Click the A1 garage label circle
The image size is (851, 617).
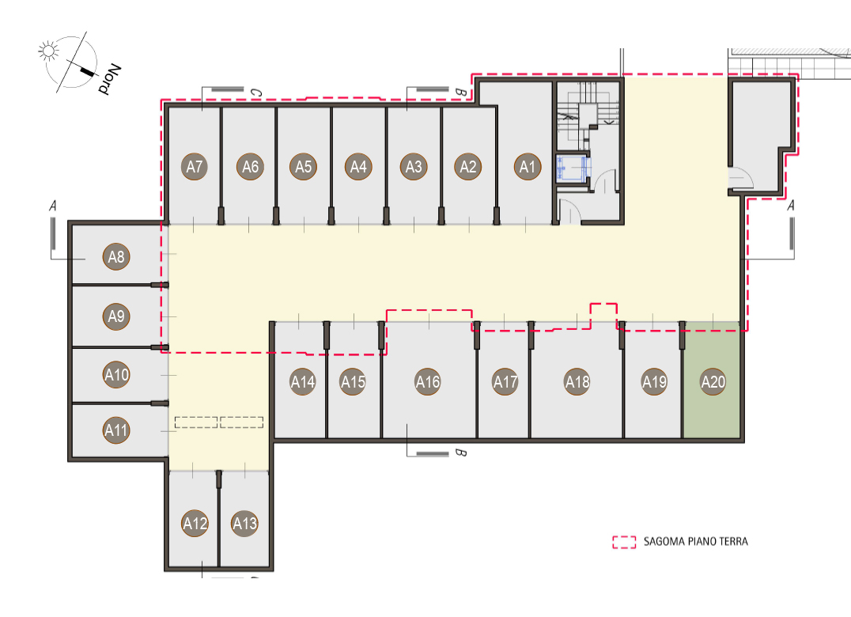pyautogui.click(x=528, y=167)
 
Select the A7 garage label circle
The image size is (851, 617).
pyautogui.click(x=195, y=167)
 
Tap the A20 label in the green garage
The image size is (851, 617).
pyautogui.click(x=713, y=381)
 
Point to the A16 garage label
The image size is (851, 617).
pyautogui.click(x=428, y=381)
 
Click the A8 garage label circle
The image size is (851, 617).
pyautogui.click(x=116, y=256)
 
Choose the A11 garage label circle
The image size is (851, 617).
pyautogui.click(x=116, y=430)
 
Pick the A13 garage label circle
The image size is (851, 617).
pyautogui.click(x=244, y=523)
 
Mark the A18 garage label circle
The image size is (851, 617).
pyautogui.click(x=577, y=381)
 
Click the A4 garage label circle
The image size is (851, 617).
pyautogui.click(x=358, y=167)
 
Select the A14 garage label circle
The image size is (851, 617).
pyautogui.click(x=303, y=381)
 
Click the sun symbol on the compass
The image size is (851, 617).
pyautogui.click(x=48, y=51)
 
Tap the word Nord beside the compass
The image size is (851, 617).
pyautogui.click(x=110, y=79)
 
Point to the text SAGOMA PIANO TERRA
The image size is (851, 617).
pyautogui.click(x=696, y=542)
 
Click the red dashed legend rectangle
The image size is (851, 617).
pyautogui.click(x=624, y=542)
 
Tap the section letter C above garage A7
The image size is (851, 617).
pyautogui.click(x=256, y=93)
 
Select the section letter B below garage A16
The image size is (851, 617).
pyautogui.click(x=460, y=452)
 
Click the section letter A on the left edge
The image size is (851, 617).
pyautogui.click(x=53, y=206)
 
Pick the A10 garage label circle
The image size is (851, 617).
pyautogui.click(x=116, y=374)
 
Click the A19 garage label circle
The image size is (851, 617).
pyautogui.click(x=654, y=381)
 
